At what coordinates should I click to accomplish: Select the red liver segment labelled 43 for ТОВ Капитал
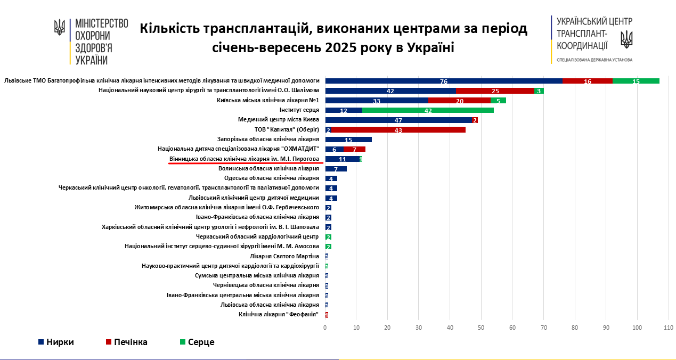[398, 130]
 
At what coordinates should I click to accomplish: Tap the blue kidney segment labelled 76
[443, 81]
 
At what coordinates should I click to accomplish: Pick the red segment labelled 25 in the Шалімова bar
[495, 91]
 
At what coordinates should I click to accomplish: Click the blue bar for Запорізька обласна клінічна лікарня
[348, 140]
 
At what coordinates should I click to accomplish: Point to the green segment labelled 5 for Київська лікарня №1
[498, 101]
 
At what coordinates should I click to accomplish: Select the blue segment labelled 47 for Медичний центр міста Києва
[398, 120]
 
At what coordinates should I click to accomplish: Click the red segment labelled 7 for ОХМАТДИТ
[354, 149]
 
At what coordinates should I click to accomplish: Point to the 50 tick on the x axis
[481, 328]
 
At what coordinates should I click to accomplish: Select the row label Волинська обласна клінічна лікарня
[268, 168]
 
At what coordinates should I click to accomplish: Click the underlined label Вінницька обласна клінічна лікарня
[244, 159]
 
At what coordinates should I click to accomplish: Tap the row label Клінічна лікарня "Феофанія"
[279, 314]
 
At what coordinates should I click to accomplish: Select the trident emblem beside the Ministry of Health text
[60, 28]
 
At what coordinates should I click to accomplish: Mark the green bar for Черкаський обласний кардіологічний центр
[328, 236]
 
